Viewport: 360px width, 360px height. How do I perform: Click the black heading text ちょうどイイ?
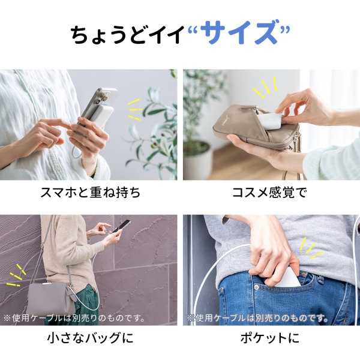[126, 35]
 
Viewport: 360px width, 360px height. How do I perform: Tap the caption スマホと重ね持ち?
[89, 194]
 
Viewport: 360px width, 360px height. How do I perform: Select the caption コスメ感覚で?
[271, 194]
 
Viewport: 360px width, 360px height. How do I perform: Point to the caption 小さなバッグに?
[89, 339]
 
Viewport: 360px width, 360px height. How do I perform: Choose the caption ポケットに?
[271, 339]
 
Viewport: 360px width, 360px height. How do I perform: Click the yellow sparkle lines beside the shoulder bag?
[17, 276]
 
